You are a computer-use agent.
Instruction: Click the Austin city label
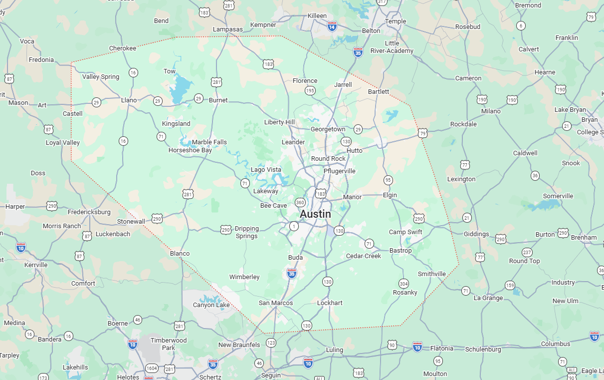point(315,214)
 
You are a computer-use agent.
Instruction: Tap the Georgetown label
point(328,129)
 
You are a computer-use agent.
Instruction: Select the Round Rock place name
point(328,159)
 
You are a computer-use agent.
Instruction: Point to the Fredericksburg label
point(89,212)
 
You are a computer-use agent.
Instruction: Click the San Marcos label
point(276,303)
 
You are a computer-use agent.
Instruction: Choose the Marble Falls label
point(209,142)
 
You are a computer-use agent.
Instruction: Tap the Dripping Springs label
point(247,232)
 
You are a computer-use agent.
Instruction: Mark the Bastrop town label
point(401,251)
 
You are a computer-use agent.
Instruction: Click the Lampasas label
point(227,29)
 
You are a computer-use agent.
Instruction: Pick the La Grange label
point(488,298)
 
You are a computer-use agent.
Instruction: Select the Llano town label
point(129,100)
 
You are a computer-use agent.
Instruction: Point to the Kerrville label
point(36,265)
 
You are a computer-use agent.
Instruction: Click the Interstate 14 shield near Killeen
point(332,27)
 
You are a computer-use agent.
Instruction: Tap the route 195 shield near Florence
point(310,90)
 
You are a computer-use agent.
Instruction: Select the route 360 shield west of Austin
point(300,202)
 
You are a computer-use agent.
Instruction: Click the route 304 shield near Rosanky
point(403,284)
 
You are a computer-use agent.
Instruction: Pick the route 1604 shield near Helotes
point(152,369)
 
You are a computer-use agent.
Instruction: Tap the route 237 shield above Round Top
point(527,252)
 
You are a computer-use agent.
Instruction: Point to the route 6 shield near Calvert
point(521,25)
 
